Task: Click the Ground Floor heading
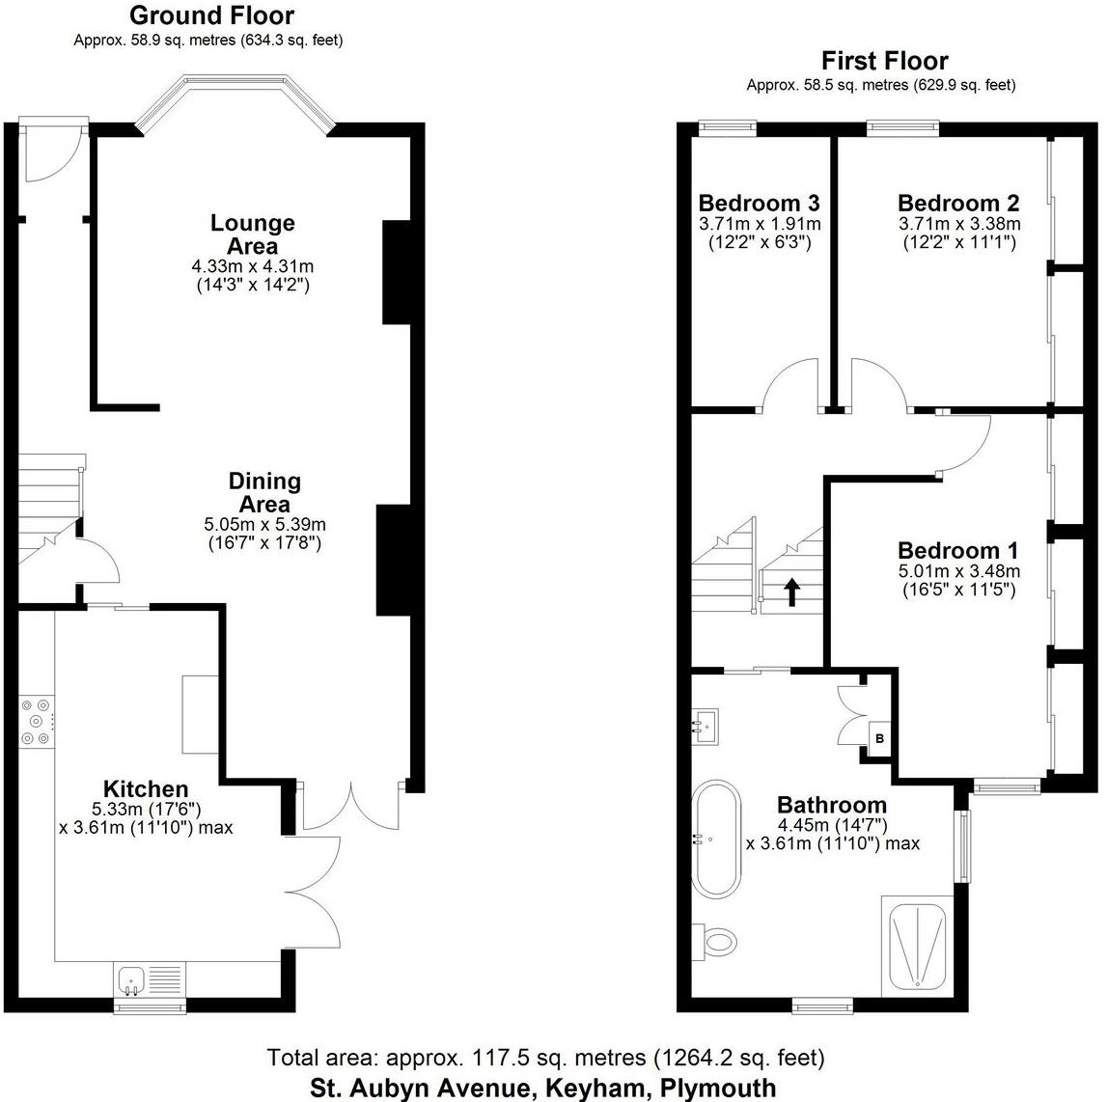[x=211, y=15]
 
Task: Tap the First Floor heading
[x=884, y=61]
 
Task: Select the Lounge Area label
[x=253, y=234]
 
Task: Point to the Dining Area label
[x=264, y=491]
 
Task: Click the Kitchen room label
[x=146, y=788]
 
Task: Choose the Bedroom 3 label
[x=759, y=203]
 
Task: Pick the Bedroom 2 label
[x=957, y=203]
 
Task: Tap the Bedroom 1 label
[x=957, y=550]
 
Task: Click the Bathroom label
[x=832, y=805]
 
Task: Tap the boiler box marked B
[x=879, y=739]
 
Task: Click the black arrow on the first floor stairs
[x=791, y=592]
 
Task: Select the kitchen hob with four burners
[x=37, y=722]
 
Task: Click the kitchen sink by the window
[x=132, y=980]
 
